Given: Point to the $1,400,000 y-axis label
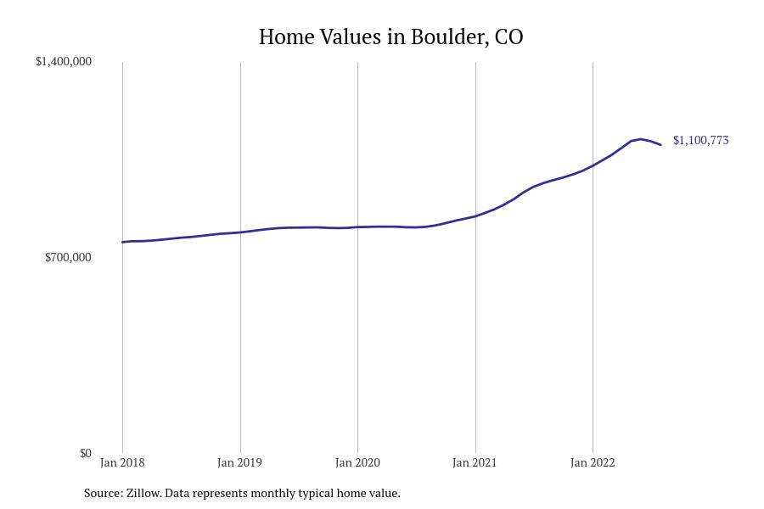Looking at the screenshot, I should (x=64, y=61).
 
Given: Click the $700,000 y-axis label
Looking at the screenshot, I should (x=68, y=257).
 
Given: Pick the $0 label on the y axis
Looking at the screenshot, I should (x=85, y=453).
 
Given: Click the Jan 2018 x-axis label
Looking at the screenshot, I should (x=122, y=462).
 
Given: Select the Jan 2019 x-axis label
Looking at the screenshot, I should (x=239, y=462).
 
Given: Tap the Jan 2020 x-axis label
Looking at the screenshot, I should (x=357, y=462).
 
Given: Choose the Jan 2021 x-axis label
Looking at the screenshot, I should (x=475, y=462).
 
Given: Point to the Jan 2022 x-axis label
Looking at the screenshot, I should (x=593, y=462).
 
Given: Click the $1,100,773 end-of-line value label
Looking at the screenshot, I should (x=700, y=140).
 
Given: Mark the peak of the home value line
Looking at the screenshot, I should (x=640, y=138).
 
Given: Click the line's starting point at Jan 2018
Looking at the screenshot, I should (x=122, y=242).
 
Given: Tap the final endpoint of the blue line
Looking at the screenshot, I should (x=660, y=145).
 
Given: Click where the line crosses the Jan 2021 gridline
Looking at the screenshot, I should (x=475, y=215).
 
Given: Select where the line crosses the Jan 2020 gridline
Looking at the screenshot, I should (x=357, y=227).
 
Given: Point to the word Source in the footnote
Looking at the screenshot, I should (x=103, y=493).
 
